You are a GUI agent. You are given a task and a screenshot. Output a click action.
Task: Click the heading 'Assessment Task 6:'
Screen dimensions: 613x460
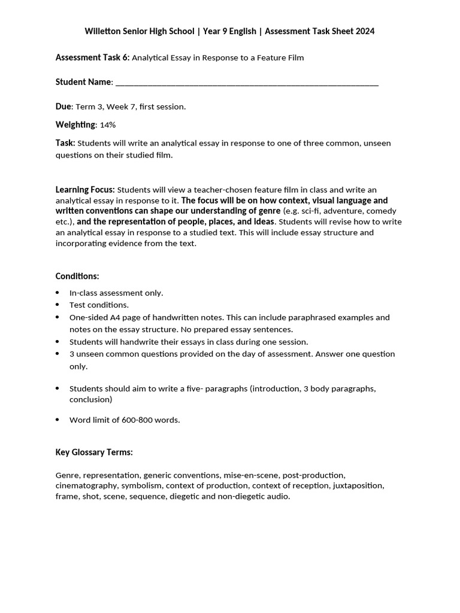click(x=92, y=57)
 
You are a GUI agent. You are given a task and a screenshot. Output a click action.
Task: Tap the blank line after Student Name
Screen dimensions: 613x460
click(x=246, y=83)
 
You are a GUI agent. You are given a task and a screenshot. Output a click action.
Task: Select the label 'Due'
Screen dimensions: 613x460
click(x=63, y=107)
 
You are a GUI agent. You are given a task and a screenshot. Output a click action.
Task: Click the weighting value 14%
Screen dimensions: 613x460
click(x=108, y=125)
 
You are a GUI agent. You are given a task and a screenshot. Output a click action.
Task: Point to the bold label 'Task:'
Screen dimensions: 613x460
click(x=65, y=143)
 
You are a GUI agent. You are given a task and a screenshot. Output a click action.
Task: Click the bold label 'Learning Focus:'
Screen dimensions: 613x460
click(x=85, y=190)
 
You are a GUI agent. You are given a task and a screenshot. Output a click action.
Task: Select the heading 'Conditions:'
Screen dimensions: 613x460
click(x=77, y=276)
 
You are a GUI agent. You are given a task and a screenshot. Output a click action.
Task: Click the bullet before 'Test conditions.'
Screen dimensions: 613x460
click(x=57, y=305)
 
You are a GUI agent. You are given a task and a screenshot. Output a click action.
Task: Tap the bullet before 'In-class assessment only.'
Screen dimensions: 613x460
click(x=57, y=293)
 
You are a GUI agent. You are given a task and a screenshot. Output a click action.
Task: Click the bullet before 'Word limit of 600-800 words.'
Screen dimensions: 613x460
click(x=57, y=420)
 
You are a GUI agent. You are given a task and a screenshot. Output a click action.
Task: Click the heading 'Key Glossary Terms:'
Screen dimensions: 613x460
click(x=94, y=452)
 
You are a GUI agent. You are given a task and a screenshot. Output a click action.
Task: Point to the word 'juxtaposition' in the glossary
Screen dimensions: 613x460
click(x=358, y=485)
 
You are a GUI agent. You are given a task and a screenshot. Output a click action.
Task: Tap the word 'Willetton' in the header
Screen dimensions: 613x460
click(x=106, y=31)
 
